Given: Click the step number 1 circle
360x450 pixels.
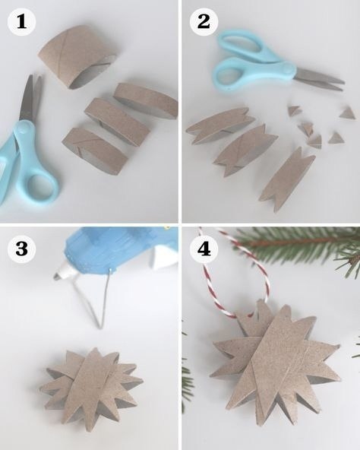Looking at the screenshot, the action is coord(21,22).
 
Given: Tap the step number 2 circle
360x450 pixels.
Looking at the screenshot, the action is coord(204,22).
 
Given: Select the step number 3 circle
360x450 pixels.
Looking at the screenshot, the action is coord(21,249).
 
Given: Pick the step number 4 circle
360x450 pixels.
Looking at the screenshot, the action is coord(204,249).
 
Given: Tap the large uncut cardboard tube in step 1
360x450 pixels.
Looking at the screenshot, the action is coord(78,56).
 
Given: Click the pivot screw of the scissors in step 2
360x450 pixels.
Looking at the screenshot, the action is coord(288,68).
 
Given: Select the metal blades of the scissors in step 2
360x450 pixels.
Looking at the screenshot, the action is coord(319,78).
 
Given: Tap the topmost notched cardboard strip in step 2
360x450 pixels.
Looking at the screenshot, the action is coord(220,125).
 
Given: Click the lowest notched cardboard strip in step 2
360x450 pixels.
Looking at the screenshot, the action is coord(287,179).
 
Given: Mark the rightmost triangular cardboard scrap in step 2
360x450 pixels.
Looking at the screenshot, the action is coord(348,114).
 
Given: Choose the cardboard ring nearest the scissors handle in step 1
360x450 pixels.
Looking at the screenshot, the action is coord(95,151).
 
